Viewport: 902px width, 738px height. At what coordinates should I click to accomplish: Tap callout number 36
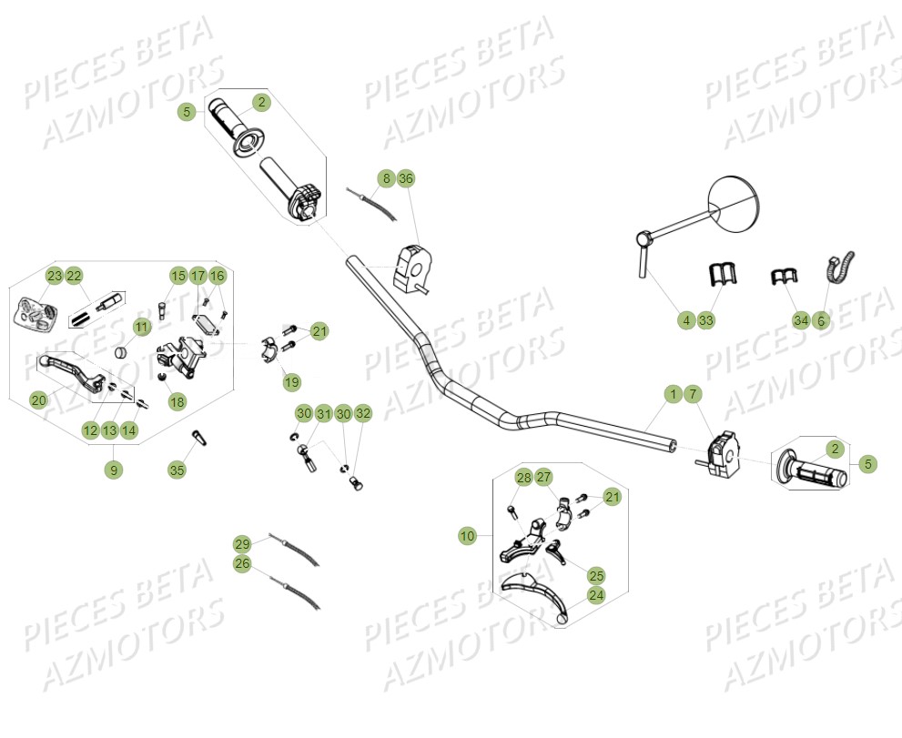click(x=406, y=178)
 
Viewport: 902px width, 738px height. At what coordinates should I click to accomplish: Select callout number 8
click(x=386, y=178)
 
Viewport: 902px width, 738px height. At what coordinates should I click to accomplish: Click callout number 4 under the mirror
click(x=686, y=319)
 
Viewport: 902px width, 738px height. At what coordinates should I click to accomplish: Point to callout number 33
click(x=706, y=319)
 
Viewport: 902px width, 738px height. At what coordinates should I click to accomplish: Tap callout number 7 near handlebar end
click(x=692, y=394)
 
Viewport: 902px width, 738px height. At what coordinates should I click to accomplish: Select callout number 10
click(x=467, y=536)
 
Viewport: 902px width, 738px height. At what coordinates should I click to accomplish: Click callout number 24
click(x=596, y=596)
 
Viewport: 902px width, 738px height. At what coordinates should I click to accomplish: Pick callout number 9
click(x=113, y=470)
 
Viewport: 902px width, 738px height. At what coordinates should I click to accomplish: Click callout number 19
click(x=290, y=381)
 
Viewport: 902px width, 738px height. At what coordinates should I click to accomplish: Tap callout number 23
click(x=55, y=276)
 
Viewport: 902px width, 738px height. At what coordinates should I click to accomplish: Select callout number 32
click(x=363, y=414)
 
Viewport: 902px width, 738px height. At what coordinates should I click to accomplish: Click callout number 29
click(x=242, y=544)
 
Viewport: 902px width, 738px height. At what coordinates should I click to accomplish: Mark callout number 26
click(x=242, y=564)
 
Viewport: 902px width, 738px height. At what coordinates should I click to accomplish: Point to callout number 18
click(x=177, y=400)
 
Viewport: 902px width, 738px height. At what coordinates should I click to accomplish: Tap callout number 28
click(x=523, y=478)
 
